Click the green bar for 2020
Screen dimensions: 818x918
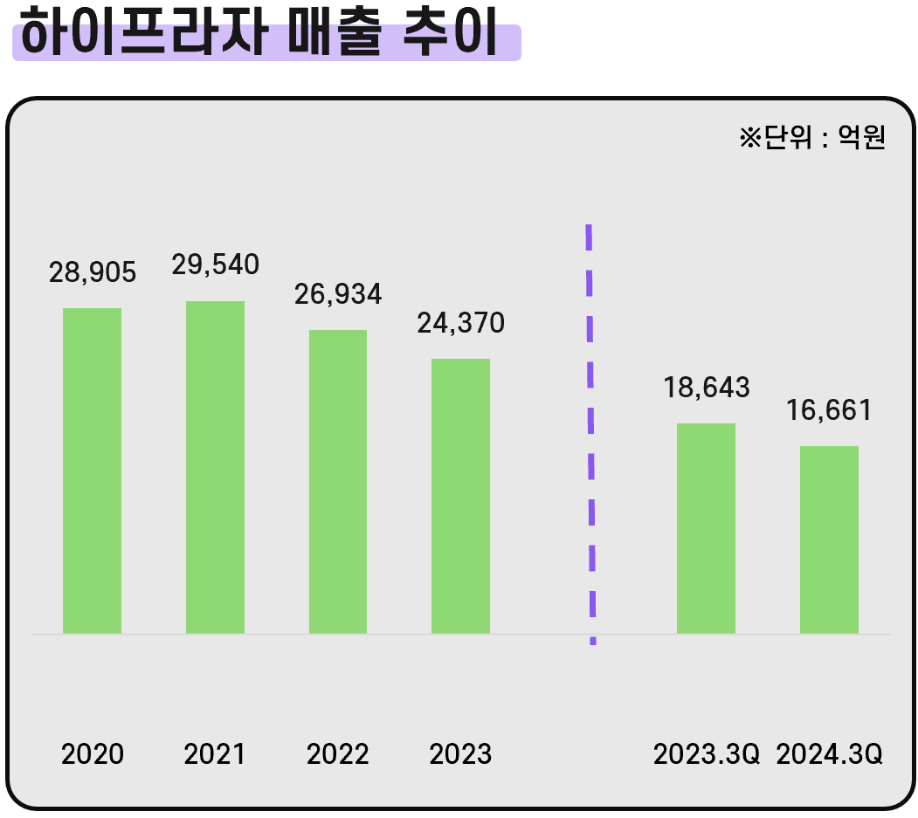pos(92,471)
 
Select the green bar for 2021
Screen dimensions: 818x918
pos(215,467)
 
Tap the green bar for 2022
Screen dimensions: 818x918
pos(338,481)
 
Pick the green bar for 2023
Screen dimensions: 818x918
pos(460,496)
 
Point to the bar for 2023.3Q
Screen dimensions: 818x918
pos(706,528)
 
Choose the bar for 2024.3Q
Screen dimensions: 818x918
pos(829,540)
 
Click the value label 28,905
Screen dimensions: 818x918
pos(93,272)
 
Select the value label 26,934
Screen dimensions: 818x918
pos(338,294)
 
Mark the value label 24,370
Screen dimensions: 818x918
pos(461,323)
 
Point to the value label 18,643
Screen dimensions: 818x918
pos(707,388)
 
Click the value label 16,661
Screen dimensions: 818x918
pos(829,410)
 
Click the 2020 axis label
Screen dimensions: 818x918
pos(93,754)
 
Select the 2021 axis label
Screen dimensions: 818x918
pos(215,754)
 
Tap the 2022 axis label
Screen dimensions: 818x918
pos(338,754)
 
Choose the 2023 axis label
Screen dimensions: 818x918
pos(460,754)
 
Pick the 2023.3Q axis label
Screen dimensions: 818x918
pos(707,754)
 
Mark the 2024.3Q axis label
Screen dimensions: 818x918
pos(829,754)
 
